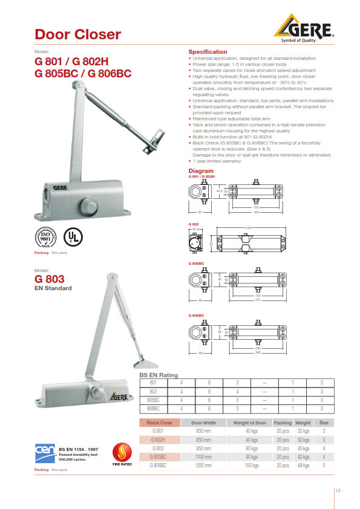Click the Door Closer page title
pos(77,34)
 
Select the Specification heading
pos(208,52)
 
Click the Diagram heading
pos(201,171)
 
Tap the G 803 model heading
pos(49,279)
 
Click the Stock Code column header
pos(160,423)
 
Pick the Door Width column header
pos(203,423)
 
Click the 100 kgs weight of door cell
pos(251,466)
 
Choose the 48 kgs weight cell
pos(303,466)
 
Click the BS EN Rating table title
pos(159,375)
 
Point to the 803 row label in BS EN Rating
pos(154,391)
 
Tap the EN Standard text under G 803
pos(53,288)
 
